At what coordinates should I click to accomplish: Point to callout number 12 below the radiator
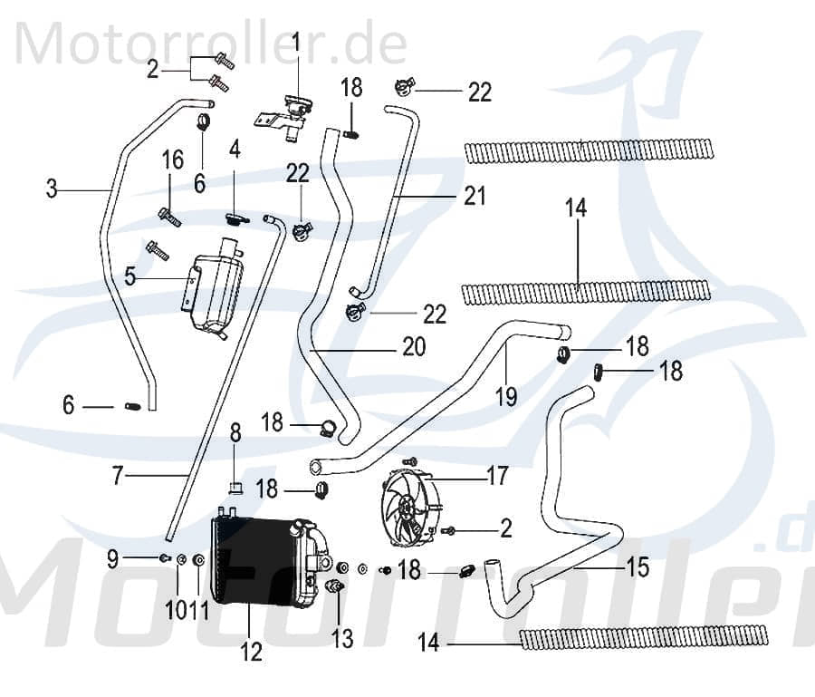[x=251, y=651]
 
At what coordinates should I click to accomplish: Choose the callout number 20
[x=413, y=346]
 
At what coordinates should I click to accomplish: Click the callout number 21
[x=475, y=195]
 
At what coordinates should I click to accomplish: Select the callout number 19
[x=505, y=395]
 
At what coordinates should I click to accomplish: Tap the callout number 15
[x=638, y=567]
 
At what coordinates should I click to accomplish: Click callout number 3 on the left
[x=52, y=189]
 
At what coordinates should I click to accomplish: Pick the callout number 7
[x=117, y=474]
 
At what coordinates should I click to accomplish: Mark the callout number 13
[x=342, y=639]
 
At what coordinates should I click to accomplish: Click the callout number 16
[x=172, y=160]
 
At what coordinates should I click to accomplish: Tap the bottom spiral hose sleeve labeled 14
[x=644, y=637]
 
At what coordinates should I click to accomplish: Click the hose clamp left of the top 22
[x=404, y=88]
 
